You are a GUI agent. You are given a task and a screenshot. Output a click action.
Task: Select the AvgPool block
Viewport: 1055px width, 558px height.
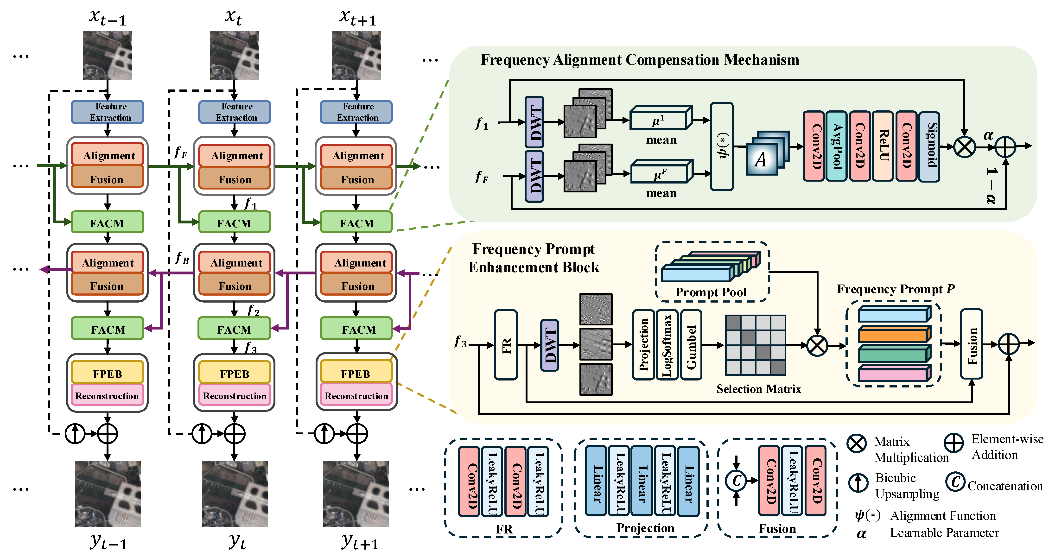point(836,146)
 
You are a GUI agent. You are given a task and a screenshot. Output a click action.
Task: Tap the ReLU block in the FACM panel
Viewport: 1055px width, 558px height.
point(883,146)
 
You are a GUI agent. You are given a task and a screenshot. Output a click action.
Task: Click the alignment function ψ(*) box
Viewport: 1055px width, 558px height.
point(722,146)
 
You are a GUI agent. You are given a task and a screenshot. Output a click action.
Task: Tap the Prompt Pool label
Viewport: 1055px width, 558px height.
point(711,292)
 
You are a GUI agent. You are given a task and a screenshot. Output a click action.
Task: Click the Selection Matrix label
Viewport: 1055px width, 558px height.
point(758,388)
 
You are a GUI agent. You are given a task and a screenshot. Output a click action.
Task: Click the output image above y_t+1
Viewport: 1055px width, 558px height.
point(356,493)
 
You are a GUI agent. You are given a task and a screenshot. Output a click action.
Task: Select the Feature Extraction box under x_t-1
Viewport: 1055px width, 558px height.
point(107,112)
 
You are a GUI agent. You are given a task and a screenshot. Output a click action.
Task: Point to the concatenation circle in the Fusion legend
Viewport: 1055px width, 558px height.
point(736,481)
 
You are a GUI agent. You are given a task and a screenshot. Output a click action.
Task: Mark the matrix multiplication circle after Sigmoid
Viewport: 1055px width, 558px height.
point(965,146)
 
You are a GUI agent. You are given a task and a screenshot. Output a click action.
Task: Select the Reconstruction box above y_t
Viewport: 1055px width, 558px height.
point(234,395)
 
